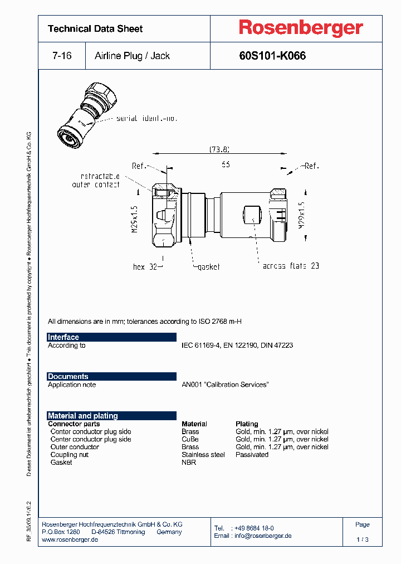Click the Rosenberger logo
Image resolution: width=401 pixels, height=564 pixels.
click(301, 28)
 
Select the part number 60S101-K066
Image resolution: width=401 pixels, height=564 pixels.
click(272, 56)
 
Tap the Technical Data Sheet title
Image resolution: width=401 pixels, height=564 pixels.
click(95, 28)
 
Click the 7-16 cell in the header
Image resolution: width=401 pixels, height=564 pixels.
click(61, 56)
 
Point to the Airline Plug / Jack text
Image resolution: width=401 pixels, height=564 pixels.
click(132, 56)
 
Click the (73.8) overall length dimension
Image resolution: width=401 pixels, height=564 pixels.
click(219, 149)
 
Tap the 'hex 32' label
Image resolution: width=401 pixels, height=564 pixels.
click(146, 266)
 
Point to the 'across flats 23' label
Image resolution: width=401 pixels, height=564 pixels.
click(291, 266)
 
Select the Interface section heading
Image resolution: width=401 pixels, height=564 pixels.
click(63, 337)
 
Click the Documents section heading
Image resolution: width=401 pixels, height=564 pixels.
click(68, 377)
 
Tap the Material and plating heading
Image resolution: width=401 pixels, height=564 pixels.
click(83, 416)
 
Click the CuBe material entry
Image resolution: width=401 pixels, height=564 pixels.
click(190, 439)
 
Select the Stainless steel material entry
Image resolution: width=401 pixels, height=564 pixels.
click(203, 455)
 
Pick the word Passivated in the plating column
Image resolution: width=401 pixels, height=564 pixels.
click(252, 455)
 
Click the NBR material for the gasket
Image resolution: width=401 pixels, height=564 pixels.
click(189, 463)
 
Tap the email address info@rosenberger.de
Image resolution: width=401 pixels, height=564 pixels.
click(262, 536)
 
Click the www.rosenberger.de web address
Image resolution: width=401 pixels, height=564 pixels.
click(70, 539)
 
